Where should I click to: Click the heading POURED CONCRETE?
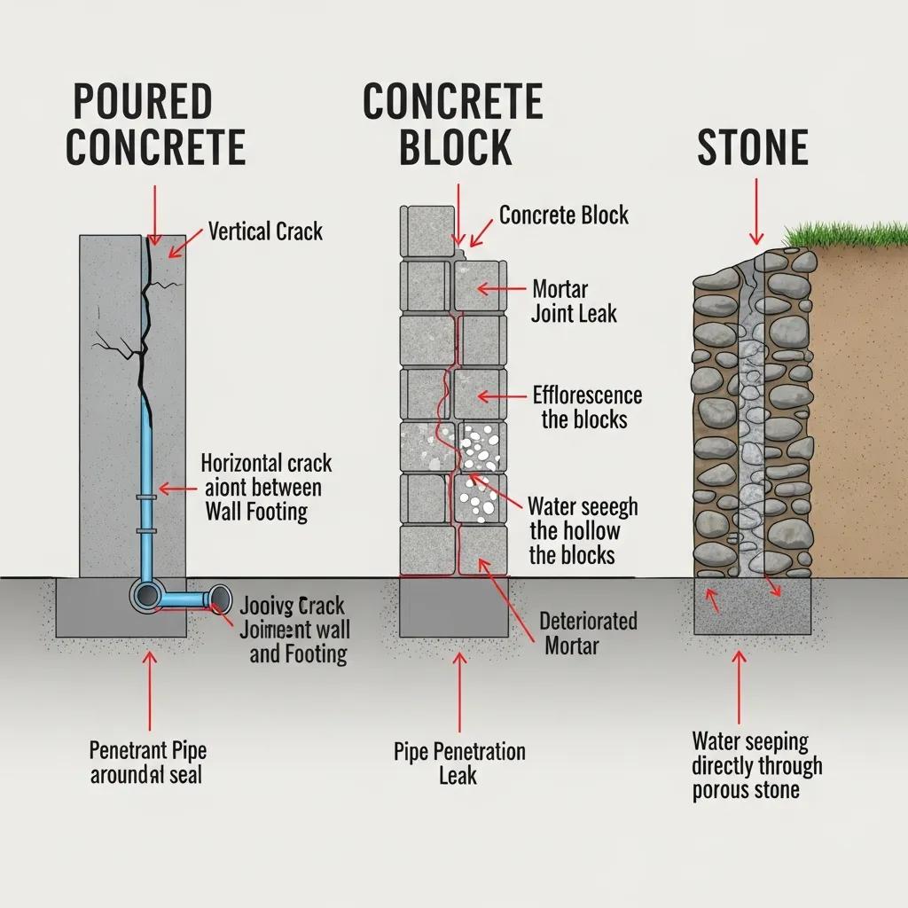tap(155, 125)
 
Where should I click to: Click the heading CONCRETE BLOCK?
tap(453, 125)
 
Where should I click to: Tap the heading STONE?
tap(752, 148)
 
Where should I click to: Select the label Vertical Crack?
tap(265, 232)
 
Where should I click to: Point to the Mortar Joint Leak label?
tap(574, 301)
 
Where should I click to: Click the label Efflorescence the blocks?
tap(586, 407)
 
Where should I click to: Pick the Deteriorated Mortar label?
tap(588, 632)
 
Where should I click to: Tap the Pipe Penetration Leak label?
tap(458, 763)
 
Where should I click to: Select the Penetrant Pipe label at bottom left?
tap(147, 762)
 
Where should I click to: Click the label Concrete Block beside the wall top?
tap(563, 215)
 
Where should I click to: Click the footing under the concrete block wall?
tap(454, 607)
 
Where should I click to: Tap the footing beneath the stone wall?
tap(752, 607)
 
